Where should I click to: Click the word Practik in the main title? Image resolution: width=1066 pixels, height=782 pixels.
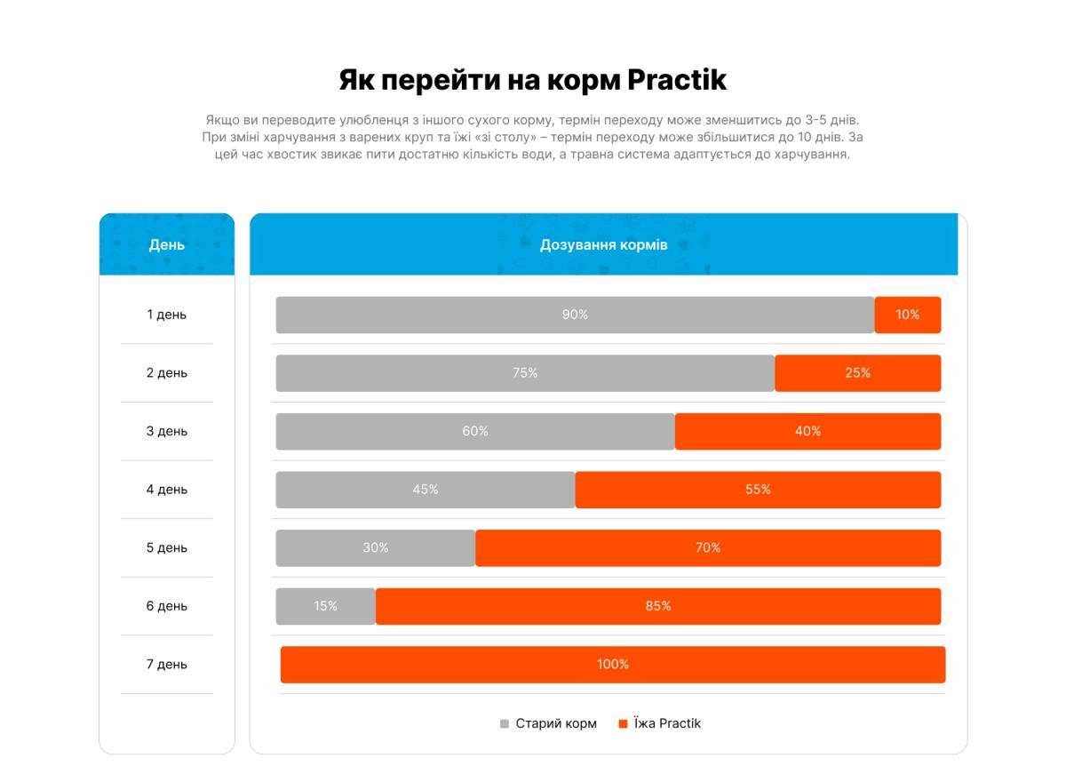pyautogui.click(x=677, y=80)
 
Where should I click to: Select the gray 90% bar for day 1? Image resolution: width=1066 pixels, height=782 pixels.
pyautogui.click(x=575, y=315)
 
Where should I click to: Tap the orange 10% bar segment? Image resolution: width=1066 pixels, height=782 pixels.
pyautogui.click(x=907, y=315)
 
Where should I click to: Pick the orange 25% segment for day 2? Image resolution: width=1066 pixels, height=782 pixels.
pyautogui.click(x=857, y=373)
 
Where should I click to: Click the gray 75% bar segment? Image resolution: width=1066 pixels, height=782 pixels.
pyautogui.click(x=525, y=373)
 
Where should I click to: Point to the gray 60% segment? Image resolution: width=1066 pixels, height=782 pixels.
pyautogui.click(x=475, y=431)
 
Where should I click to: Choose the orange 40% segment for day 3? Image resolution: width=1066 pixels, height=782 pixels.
pyautogui.click(x=807, y=431)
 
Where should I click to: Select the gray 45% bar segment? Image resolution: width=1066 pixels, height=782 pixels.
pyautogui.click(x=426, y=490)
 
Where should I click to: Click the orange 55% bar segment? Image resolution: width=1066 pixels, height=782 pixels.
pyautogui.click(x=758, y=490)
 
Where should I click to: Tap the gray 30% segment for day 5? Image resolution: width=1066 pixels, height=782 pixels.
pyautogui.click(x=376, y=547)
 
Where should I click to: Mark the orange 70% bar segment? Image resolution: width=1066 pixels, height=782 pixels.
pyautogui.click(x=708, y=547)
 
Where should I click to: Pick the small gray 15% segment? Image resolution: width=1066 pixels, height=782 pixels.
pyautogui.click(x=325, y=606)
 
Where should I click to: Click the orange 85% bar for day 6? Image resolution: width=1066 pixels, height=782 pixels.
pyautogui.click(x=658, y=606)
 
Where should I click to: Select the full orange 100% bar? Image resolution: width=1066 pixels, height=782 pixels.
pyautogui.click(x=613, y=665)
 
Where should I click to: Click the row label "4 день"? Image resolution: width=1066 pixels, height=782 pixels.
pyautogui.click(x=167, y=490)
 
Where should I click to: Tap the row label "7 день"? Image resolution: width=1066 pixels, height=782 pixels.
pyautogui.click(x=167, y=665)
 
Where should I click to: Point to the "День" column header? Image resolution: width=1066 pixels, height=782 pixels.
pyautogui.click(x=167, y=244)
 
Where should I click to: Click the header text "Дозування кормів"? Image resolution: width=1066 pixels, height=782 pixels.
pyautogui.click(x=604, y=244)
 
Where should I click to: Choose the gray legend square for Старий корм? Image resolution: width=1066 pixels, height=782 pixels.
pyautogui.click(x=505, y=723)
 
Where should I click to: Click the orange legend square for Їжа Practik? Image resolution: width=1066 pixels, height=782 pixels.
pyautogui.click(x=623, y=723)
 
